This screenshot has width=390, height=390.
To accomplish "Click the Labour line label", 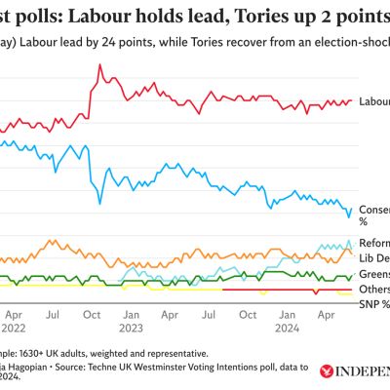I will coord(373,101).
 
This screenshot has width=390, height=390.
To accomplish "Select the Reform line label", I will coord(374,244).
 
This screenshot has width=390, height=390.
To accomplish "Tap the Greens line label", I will coord(374,274).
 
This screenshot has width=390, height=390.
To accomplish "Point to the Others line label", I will coord(374,290).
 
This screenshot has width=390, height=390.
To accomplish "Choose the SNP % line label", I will coord(374,304).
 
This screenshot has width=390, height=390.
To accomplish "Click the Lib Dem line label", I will coord(374,258).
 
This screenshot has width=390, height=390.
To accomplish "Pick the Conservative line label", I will coord(374,209).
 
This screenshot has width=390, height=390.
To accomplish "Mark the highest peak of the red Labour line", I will coord(99,65).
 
